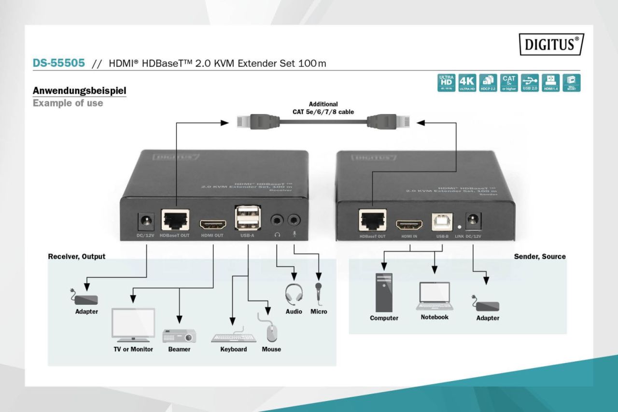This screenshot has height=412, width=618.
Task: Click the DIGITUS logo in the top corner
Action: (551, 44)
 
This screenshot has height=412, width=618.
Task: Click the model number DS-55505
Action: (58, 63)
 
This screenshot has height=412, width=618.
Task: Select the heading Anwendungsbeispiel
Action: (79, 90)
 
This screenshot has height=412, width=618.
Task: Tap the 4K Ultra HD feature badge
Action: (467, 83)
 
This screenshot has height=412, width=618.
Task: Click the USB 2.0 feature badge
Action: (530, 83)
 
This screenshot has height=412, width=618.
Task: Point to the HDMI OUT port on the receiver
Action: (212, 225)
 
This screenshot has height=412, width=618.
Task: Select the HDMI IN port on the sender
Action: (409, 224)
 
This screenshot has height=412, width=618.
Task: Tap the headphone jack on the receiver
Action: (277, 221)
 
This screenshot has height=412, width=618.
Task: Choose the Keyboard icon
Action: (234, 337)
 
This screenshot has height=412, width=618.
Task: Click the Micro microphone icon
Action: (319, 292)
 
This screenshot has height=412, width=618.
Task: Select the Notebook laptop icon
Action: (435, 296)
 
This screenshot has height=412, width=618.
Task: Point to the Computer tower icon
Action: (384, 293)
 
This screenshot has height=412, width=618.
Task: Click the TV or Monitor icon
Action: (133, 324)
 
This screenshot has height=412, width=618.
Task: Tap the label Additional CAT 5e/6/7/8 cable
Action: (323, 108)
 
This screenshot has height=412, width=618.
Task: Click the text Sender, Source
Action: (539, 256)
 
